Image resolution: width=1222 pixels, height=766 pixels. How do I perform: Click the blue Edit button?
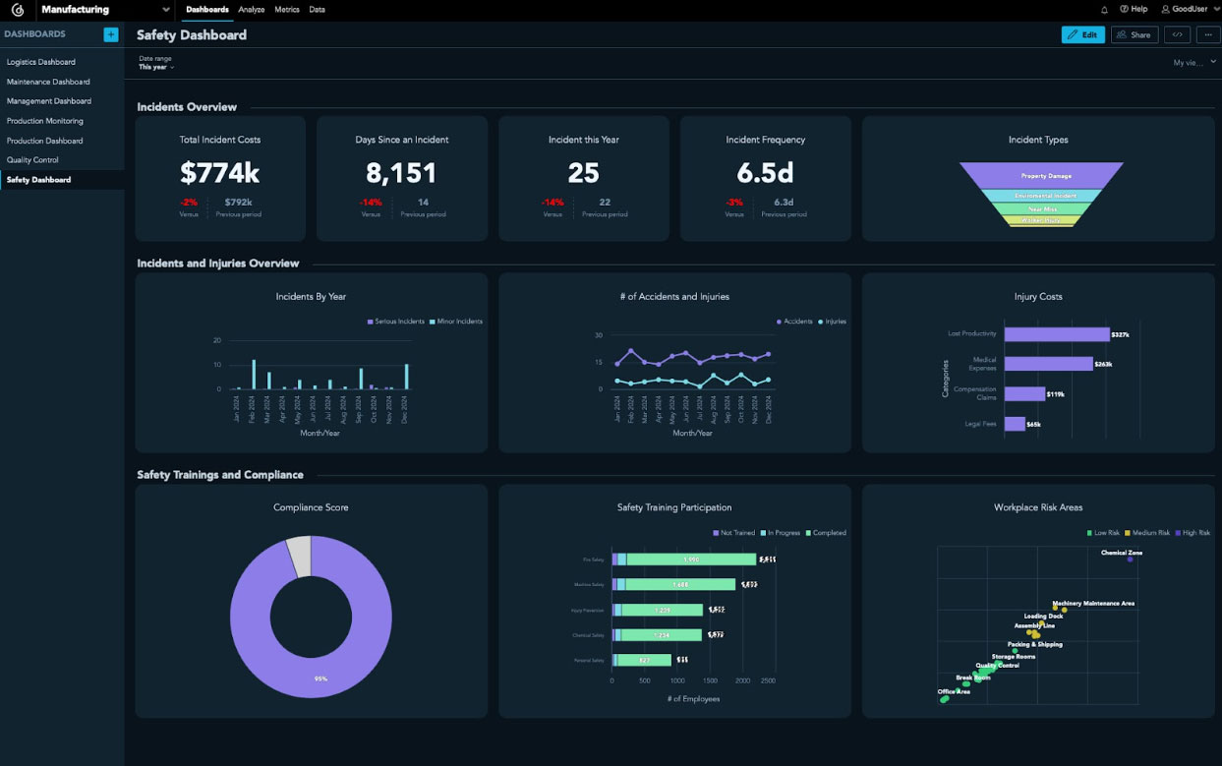click(x=1082, y=34)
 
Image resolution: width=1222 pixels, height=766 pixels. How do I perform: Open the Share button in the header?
click(x=1134, y=34)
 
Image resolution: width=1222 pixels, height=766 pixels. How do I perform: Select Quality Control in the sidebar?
click(x=32, y=160)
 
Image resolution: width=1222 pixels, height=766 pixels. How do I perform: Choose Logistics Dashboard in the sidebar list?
click(x=41, y=62)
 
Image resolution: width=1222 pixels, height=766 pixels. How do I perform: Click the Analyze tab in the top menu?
click(x=252, y=10)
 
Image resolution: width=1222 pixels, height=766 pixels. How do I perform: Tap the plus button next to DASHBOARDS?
click(x=111, y=34)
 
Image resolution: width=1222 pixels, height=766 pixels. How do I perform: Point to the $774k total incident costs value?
click(x=220, y=173)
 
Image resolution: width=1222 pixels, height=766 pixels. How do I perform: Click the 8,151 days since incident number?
click(x=401, y=173)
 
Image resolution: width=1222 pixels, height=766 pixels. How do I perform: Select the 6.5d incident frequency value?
click(x=765, y=173)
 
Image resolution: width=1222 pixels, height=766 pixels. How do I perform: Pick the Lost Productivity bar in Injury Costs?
click(x=1056, y=334)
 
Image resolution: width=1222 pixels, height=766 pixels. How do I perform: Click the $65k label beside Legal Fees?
click(x=1033, y=424)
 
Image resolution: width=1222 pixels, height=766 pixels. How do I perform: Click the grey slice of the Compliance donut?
click(x=299, y=557)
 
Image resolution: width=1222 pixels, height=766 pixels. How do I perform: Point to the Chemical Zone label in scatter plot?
click(x=1121, y=553)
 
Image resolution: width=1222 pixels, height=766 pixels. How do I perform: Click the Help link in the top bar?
click(x=1135, y=9)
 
